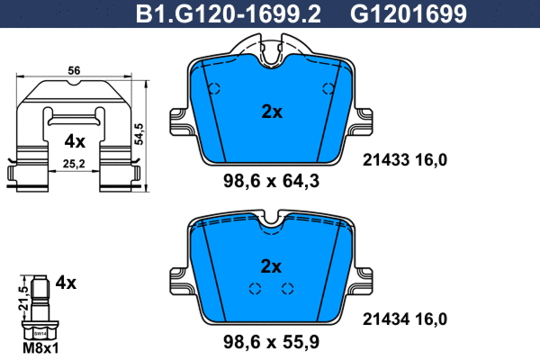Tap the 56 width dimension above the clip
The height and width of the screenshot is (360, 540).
point(75,70)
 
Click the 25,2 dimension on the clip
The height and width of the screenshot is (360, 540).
point(75,164)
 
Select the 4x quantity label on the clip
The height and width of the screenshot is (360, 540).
point(75,141)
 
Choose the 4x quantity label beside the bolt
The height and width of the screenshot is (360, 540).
point(65,282)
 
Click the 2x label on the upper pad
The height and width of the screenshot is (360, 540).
point(271,112)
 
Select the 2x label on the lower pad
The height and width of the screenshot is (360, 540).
point(271,265)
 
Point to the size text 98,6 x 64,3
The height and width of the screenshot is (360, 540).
point(271,181)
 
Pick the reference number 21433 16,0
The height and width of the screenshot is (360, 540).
point(404,159)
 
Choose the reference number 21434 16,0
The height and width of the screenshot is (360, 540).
point(404,317)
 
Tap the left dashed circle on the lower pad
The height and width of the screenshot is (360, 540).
point(255,289)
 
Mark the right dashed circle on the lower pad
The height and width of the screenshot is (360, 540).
point(288,289)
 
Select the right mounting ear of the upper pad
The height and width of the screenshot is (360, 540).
point(364,124)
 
